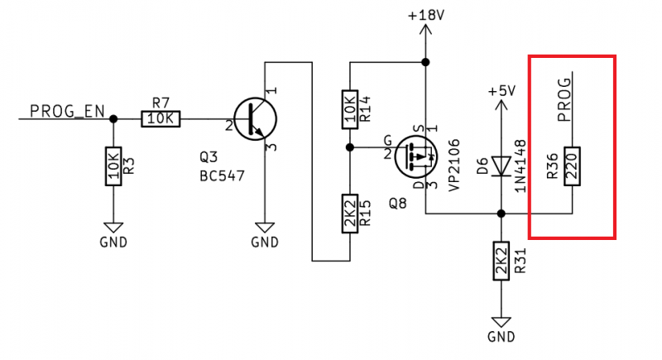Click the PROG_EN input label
pyautogui.click(x=67, y=112)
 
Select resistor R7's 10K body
pyautogui.click(x=161, y=119)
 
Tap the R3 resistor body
pyautogui.click(x=113, y=166)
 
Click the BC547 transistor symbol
pyautogui.click(x=255, y=119)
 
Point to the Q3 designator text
pyautogui.click(x=209, y=157)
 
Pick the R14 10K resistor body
pyautogui.click(x=349, y=109)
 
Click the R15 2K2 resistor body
pyautogui.click(x=349, y=214)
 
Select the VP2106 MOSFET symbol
pyautogui.click(x=416, y=156)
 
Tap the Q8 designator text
pyautogui.click(x=398, y=204)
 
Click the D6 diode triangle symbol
pyautogui.click(x=501, y=166)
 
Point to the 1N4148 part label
pyautogui.click(x=520, y=166)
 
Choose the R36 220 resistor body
pyautogui.click(x=572, y=166)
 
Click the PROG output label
pyautogui.click(x=564, y=100)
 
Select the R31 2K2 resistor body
pyautogui.click(x=501, y=261)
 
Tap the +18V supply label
pyautogui.click(x=426, y=16)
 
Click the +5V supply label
pyautogui.click(x=501, y=91)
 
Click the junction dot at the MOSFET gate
pyautogui.click(x=349, y=147)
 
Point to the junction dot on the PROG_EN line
pyautogui.click(x=113, y=119)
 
